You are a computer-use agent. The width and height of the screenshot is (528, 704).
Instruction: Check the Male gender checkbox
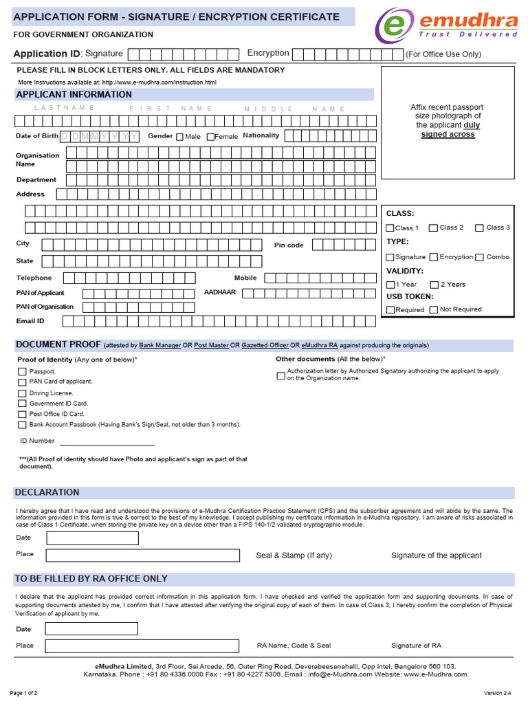tap(179, 137)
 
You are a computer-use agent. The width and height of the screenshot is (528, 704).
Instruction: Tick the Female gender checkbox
tap(210, 137)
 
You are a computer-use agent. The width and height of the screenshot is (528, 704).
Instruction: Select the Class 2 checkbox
tap(433, 228)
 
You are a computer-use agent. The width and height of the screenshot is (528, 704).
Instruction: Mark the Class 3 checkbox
tap(480, 228)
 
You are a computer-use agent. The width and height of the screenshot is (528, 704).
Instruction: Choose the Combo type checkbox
tap(480, 257)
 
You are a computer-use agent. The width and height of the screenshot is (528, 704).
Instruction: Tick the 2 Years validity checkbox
tap(434, 285)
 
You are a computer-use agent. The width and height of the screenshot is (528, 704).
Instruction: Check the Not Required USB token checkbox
tap(433, 310)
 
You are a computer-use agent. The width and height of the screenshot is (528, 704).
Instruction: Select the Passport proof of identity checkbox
tap(22, 371)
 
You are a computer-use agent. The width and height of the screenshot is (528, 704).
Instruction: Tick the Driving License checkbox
tap(22, 393)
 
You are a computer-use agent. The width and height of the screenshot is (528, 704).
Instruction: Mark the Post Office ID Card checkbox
tap(22, 415)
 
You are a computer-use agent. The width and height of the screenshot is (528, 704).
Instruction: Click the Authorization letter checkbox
tap(280, 375)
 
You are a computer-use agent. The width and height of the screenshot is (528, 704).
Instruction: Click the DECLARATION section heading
tap(47, 492)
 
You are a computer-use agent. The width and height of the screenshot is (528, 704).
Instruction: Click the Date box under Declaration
tap(91, 538)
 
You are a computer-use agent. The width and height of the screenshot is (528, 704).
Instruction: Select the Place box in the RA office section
tap(142, 646)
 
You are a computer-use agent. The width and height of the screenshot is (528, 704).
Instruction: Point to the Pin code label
tap(289, 245)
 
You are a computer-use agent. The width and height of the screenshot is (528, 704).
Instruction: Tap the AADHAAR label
tap(220, 293)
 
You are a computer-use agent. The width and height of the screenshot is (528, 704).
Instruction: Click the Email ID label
tap(30, 321)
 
